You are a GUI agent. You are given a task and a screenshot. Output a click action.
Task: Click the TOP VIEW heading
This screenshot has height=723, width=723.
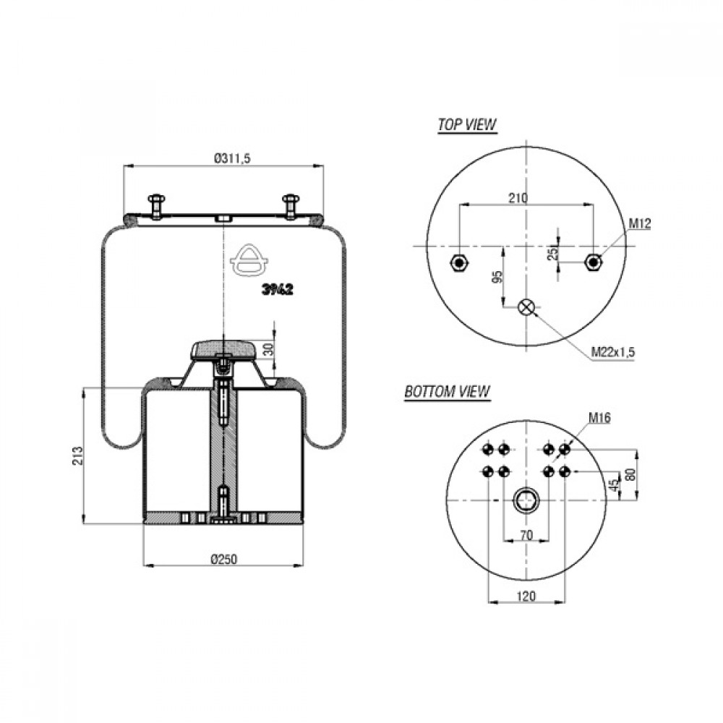click(x=467, y=124)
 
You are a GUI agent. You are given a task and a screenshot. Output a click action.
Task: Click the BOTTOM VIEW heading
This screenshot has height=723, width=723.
click(x=447, y=391)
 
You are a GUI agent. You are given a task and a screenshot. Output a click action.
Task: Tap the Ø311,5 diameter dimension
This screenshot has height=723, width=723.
click(x=232, y=158)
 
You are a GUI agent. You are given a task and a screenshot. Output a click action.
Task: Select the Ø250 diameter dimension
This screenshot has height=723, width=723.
click(x=224, y=559)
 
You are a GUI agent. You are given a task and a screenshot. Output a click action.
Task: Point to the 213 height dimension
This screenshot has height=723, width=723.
click(x=77, y=455)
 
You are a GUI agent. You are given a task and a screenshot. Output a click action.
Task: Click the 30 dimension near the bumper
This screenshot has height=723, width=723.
click(x=268, y=349)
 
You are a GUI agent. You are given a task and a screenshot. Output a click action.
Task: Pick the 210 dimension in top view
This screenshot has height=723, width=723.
click(x=518, y=198)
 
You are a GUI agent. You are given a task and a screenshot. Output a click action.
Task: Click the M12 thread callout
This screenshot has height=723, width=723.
click(x=640, y=223)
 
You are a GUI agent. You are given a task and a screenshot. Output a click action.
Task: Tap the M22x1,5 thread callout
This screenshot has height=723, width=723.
click(x=613, y=352)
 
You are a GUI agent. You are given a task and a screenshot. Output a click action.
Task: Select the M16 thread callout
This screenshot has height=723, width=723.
click(x=599, y=418)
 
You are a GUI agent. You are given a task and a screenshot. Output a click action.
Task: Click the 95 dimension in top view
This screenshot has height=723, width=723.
click(x=497, y=277)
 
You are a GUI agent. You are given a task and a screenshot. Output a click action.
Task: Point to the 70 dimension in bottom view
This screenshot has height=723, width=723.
click(x=526, y=535)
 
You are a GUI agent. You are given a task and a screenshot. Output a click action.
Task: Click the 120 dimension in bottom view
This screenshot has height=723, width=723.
click(x=526, y=596)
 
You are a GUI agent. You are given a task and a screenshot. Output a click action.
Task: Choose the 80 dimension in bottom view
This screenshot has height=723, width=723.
click(x=630, y=474)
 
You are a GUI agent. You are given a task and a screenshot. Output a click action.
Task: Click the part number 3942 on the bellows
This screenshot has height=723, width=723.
click(x=278, y=290)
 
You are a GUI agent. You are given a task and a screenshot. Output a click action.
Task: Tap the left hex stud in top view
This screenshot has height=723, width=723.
click(x=459, y=263)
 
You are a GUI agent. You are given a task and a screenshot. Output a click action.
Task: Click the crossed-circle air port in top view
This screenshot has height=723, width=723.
click(x=526, y=307)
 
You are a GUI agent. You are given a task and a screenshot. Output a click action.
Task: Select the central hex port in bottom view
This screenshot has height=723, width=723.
click(x=526, y=500)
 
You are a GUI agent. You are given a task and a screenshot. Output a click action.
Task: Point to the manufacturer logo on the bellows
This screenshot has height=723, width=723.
click(x=249, y=260)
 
